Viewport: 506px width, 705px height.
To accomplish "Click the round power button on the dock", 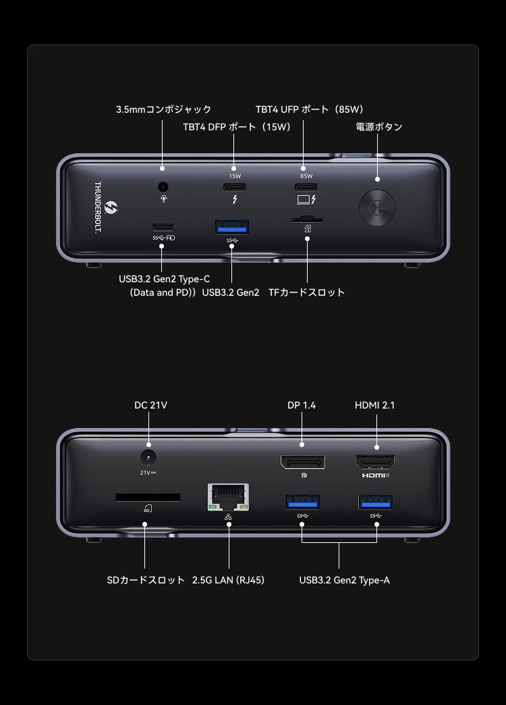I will (x=376, y=207).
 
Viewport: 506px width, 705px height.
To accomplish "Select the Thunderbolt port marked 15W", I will (x=233, y=187).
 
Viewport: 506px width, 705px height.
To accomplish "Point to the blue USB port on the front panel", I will (x=232, y=227).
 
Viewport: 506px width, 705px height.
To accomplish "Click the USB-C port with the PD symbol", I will (x=163, y=227).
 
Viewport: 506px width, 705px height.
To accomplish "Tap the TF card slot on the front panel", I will (x=306, y=219).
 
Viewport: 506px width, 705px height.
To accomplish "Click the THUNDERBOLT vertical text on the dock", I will (x=97, y=207).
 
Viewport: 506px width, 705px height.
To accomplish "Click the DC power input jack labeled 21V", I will (x=148, y=456).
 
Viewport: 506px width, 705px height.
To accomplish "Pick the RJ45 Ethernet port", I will (x=229, y=498).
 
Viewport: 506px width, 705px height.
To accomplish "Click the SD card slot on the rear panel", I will (x=148, y=497).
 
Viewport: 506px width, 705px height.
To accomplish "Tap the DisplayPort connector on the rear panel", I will (x=302, y=462).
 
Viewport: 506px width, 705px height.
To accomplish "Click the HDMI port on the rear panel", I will (x=376, y=462).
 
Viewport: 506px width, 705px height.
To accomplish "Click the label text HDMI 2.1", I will (x=374, y=405).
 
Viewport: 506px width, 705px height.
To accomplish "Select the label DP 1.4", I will (x=302, y=405).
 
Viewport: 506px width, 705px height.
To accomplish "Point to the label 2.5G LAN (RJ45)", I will (x=228, y=580).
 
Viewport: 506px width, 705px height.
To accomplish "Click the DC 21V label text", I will (x=150, y=405).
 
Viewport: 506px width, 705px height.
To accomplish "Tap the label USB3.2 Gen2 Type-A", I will (x=344, y=580).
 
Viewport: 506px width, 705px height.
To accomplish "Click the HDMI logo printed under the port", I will (x=375, y=475).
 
